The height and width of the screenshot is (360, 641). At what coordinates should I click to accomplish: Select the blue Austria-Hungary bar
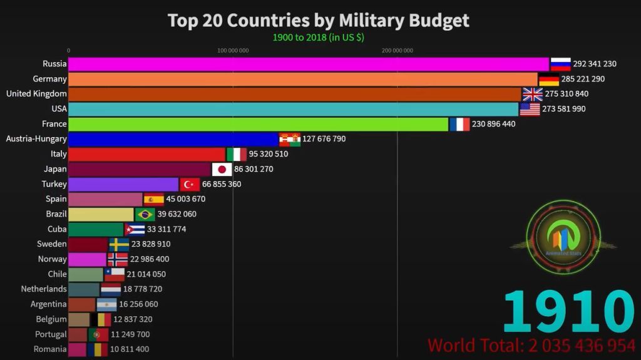pos(173,139)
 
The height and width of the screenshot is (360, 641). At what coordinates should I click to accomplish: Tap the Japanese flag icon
pos(222,169)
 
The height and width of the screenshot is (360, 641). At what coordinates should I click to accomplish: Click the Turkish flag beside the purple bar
pos(190,184)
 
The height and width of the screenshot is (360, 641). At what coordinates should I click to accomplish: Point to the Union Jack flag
pos(533,94)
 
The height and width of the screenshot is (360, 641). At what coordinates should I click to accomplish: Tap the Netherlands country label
pos(44,289)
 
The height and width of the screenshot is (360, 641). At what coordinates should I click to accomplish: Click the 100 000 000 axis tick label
pos(233,51)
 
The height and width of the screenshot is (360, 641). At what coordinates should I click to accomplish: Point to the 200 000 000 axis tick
pos(397,51)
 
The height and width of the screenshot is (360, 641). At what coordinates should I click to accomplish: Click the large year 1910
pos(568,312)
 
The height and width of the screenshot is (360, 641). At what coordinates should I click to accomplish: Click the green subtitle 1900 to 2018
pos(318,37)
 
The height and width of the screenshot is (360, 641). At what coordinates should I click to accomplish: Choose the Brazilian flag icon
pos(145,214)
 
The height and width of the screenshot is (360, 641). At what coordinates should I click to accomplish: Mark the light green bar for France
pos(258,124)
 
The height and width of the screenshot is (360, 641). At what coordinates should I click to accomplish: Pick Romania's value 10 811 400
pos(130,349)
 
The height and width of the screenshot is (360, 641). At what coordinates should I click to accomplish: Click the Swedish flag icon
pos(119,244)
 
